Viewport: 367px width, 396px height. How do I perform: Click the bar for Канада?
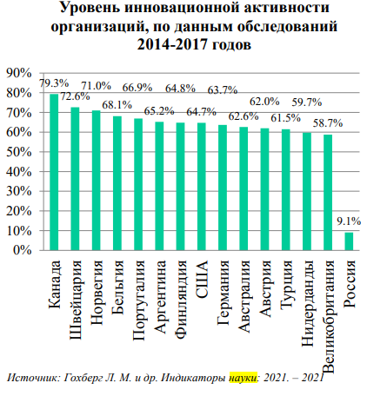coord(54,171)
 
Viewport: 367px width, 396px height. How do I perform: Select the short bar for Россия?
coord(349,241)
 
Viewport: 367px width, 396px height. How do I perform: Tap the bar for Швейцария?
coord(75,178)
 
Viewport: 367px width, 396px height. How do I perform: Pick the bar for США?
coord(201,186)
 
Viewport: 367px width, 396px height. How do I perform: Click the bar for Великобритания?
coord(328,192)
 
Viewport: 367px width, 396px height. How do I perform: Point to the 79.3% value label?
coord(55,83)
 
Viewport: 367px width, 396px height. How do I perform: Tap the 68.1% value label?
coord(117,106)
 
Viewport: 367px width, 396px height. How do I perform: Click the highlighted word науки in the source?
coord(246,378)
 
